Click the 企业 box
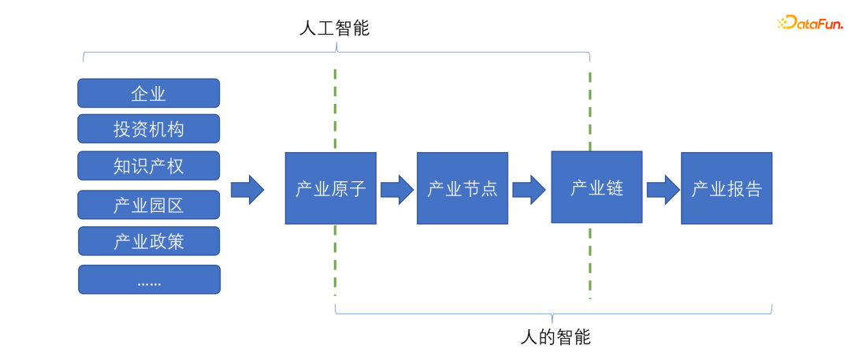(x=148, y=93)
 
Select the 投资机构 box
(x=148, y=128)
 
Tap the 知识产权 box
(x=148, y=165)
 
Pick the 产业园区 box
(x=148, y=205)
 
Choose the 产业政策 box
(x=148, y=241)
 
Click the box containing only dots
(x=148, y=280)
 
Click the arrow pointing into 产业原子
(x=247, y=190)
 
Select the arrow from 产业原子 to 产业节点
(x=396, y=190)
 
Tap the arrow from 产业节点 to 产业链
(x=529, y=190)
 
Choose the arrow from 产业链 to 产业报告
(x=663, y=190)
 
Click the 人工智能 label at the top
(x=335, y=29)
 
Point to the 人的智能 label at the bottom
(x=556, y=337)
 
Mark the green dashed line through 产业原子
(x=336, y=110)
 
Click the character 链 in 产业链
(x=614, y=188)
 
